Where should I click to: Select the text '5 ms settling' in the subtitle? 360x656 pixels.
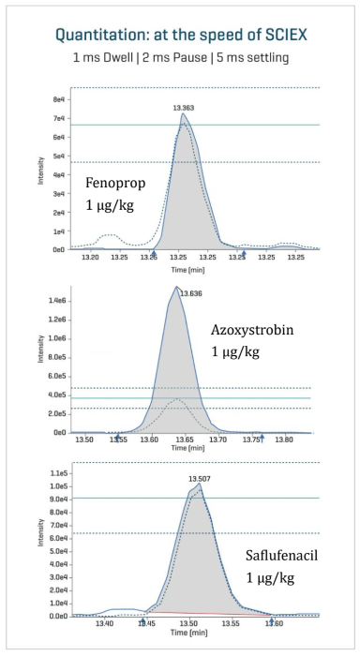coord(256,59)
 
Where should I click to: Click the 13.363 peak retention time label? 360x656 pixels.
coord(183,109)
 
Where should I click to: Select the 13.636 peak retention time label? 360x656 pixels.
coord(190,293)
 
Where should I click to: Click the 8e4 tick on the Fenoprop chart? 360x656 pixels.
coord(58,99)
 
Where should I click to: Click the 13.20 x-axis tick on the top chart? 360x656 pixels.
coord(90,256)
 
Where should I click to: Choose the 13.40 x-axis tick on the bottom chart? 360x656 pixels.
coord(105,622)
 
